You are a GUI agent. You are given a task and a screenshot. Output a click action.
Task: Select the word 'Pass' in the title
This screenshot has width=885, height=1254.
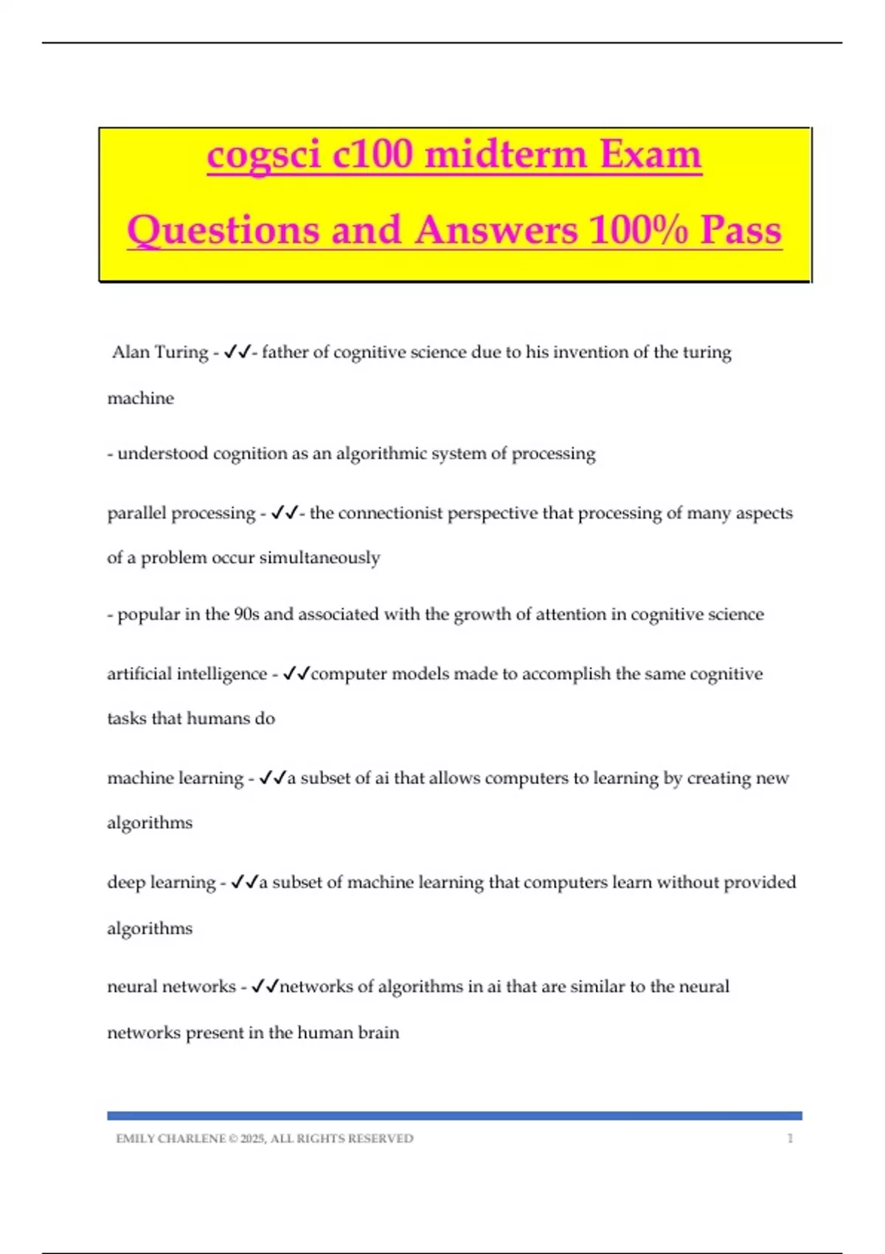coord(740,229)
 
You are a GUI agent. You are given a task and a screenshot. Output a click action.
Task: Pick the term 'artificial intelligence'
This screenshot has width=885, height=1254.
coord(187,674)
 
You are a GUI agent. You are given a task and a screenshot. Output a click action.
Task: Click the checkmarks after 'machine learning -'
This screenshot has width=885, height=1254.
coord(272,778)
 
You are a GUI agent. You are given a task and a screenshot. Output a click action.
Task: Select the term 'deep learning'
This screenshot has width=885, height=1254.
coord(161,882)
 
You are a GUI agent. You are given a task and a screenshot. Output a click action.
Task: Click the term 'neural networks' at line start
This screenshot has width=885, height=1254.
coord(171,987)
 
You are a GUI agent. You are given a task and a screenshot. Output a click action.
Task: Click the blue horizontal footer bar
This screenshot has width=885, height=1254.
coord(454,1116)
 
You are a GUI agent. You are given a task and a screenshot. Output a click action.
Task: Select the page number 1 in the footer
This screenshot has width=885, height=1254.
coord(790,1139)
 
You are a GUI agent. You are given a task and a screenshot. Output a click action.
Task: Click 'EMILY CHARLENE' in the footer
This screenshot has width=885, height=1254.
coord(170,1139)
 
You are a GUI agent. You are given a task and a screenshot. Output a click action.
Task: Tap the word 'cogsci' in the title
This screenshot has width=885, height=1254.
coord(264,155)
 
